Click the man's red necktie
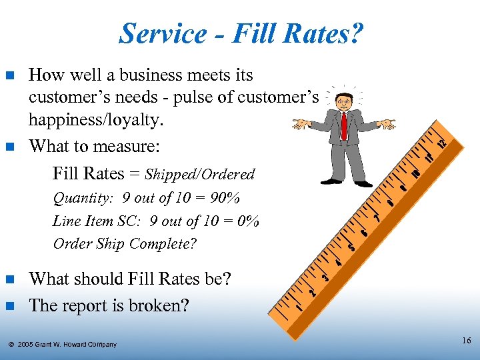344,126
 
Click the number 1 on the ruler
300,307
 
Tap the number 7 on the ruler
377,217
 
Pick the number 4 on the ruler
339,262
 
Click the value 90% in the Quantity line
226,199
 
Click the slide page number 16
466,341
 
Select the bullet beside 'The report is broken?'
9,306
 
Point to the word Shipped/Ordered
200,175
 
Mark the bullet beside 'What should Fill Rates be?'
9,279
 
